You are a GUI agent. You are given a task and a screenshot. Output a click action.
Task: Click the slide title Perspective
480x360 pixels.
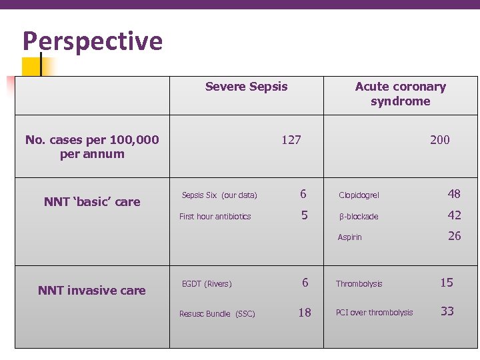[93, 41]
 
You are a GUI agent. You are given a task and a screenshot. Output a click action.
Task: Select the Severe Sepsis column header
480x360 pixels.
[246, 87]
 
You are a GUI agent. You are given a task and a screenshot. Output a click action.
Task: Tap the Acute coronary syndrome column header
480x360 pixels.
[400, 94]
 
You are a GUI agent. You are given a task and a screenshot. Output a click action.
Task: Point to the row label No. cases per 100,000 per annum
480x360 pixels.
[92, 147]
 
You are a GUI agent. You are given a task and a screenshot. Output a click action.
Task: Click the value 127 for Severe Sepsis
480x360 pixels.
[291, 140]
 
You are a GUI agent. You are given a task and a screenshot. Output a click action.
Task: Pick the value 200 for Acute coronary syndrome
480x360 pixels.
[439, 140]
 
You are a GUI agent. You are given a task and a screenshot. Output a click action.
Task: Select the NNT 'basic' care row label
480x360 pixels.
[92, 202]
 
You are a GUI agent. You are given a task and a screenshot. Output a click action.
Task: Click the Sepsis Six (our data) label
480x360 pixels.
[219, 195]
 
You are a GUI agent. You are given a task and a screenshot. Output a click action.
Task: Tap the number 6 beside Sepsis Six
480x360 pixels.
[303, 195]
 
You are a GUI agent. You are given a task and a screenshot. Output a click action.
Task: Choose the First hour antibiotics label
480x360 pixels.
[215, 217]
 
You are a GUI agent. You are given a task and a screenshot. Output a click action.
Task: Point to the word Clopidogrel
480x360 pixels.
[359, 195]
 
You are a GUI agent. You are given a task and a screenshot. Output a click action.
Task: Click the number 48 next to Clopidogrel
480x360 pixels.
[454, 194]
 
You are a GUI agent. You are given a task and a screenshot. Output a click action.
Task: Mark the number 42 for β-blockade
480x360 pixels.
[454, 215]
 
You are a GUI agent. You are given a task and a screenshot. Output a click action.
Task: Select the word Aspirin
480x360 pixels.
[350, 237]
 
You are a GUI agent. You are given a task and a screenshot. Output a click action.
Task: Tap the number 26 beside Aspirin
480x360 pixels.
[454, 236]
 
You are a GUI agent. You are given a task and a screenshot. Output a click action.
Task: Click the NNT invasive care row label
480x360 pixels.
[92, 290]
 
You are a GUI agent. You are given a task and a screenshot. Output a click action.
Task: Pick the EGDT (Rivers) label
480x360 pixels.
[207, 284]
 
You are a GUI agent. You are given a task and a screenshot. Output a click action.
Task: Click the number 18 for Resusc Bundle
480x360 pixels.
[305, 313]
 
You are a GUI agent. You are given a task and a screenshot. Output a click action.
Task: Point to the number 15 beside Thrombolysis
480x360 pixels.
[447, 283]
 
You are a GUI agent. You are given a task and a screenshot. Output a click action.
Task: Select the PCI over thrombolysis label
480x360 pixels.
[374, 313]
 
